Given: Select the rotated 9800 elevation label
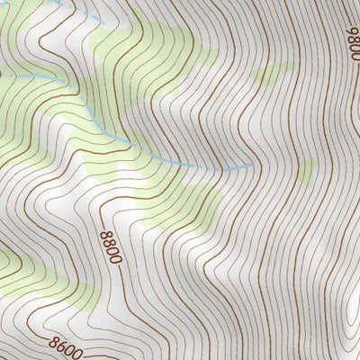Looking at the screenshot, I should click(352, 40).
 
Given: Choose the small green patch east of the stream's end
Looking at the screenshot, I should click(307, 171).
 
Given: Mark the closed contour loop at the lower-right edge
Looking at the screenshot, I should click(354, 319).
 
